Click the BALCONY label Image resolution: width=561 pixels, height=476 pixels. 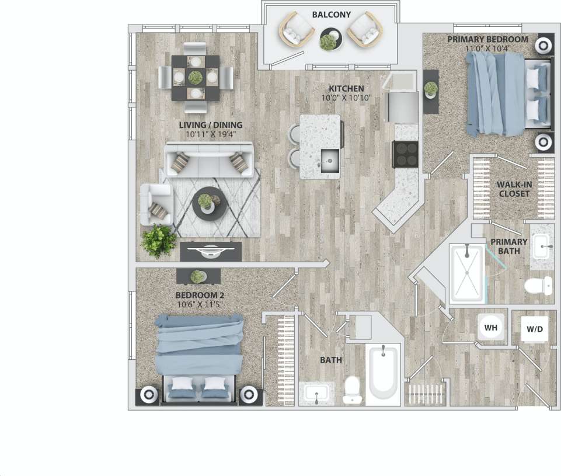point(331,15)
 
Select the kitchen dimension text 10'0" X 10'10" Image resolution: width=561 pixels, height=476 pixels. point(346,98)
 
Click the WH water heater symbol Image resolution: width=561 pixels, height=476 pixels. point(490,328)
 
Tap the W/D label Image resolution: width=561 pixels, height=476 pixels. point(535,329)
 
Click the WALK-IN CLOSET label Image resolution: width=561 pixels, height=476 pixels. point(514,189)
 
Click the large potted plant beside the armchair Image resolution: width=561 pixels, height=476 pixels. point(158,239)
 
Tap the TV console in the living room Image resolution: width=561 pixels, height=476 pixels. point(211,252)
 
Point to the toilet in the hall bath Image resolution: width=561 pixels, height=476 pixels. point(351,390)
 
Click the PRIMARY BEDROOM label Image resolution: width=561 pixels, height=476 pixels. point(487,39)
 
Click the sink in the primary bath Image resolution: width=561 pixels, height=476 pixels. point(543,246)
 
